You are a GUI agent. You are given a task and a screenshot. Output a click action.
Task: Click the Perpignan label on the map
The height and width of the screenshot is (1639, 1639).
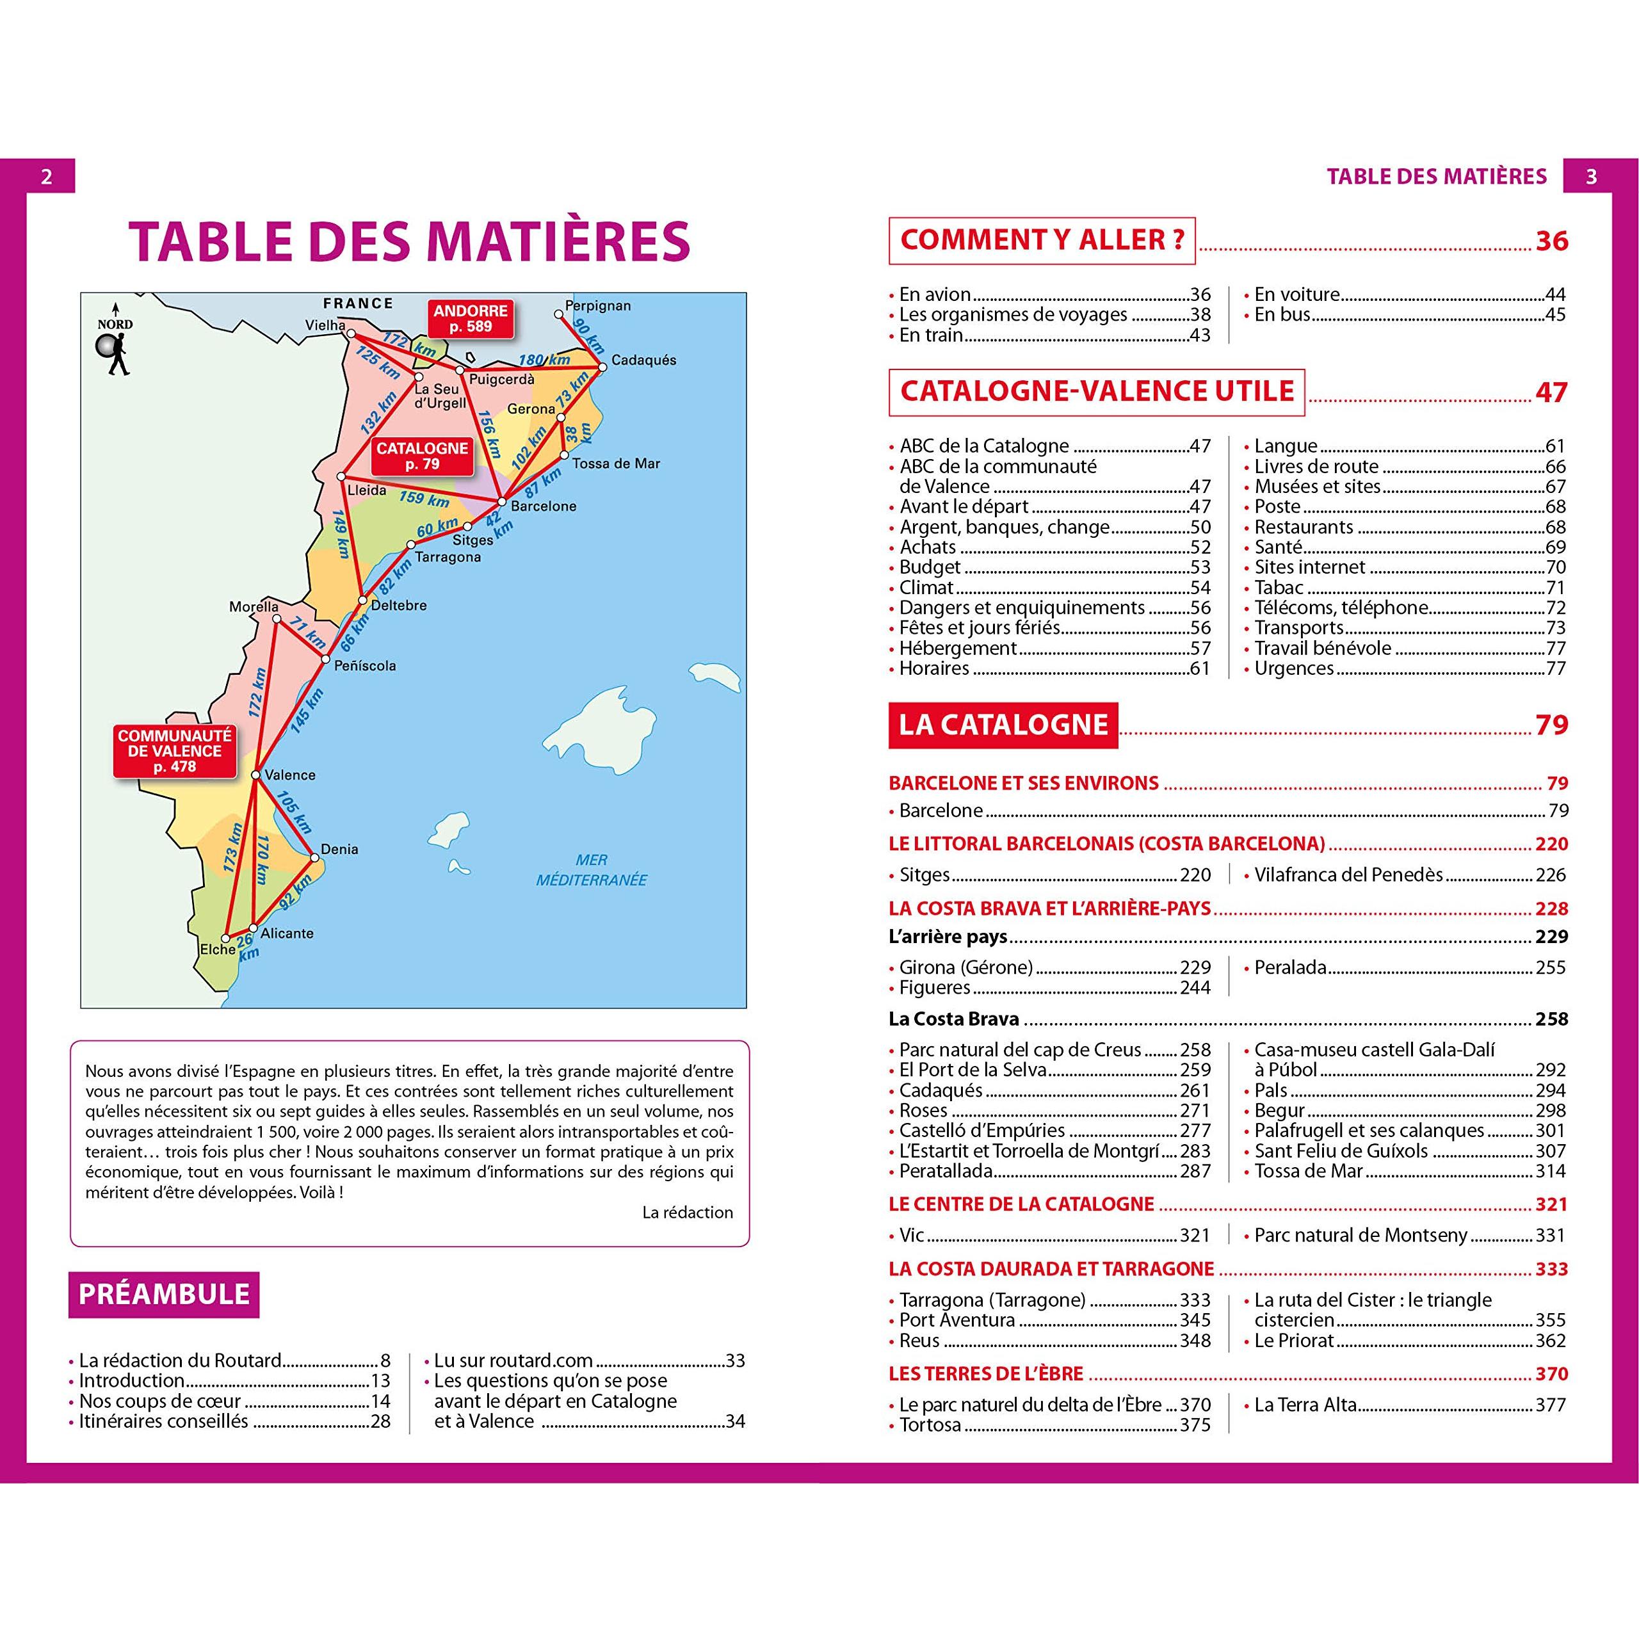597,305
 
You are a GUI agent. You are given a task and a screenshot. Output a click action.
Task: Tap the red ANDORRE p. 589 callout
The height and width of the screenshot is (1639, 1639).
470,318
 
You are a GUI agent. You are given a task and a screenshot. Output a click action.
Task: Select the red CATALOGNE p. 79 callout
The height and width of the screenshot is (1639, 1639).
422,456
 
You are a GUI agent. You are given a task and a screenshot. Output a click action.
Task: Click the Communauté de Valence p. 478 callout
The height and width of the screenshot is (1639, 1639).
175,752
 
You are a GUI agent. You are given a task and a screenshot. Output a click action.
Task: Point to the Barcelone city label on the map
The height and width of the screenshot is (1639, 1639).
543,506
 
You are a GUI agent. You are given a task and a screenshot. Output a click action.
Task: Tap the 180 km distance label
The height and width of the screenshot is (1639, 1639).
544,360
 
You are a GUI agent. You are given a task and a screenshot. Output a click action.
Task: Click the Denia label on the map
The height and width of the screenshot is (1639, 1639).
339,849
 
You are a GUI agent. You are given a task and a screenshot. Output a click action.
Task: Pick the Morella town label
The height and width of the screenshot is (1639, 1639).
254,606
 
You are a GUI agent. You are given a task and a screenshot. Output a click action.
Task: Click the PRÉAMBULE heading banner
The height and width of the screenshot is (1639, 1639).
164,1294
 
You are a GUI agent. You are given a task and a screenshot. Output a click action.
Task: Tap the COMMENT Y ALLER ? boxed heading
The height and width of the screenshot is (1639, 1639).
1042,240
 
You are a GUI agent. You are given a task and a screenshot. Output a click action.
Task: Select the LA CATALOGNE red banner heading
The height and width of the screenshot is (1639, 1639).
1003,725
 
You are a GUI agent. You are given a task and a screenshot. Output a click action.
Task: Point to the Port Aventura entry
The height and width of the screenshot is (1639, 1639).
957,1320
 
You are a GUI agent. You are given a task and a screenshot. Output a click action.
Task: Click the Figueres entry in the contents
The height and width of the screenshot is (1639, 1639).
934,987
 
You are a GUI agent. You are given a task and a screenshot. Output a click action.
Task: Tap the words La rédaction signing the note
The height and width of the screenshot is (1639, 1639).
687,1212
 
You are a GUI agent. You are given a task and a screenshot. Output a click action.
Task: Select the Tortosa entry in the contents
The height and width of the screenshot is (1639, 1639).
930,1425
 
